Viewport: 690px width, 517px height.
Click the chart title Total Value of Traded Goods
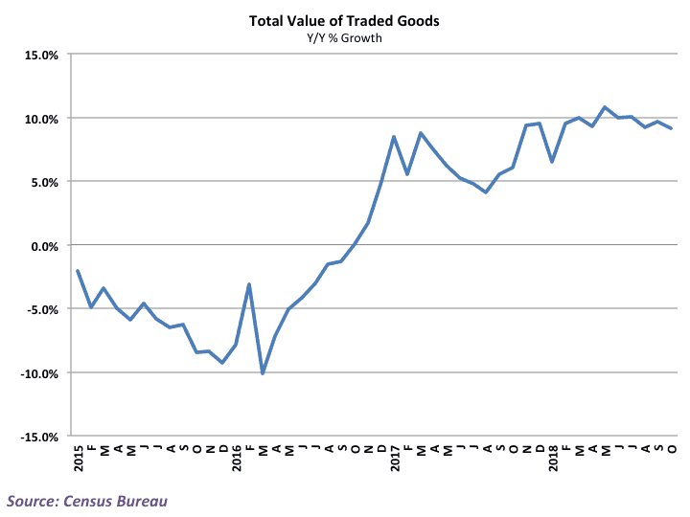344,20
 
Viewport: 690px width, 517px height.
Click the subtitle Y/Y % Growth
344,38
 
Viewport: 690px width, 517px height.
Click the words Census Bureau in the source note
130,500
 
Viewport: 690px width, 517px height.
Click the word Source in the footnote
35,500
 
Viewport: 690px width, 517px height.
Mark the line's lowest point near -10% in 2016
263,373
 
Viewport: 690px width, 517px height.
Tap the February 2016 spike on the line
249,284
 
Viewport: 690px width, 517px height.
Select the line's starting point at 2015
78,271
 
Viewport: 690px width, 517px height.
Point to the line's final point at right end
672,129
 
